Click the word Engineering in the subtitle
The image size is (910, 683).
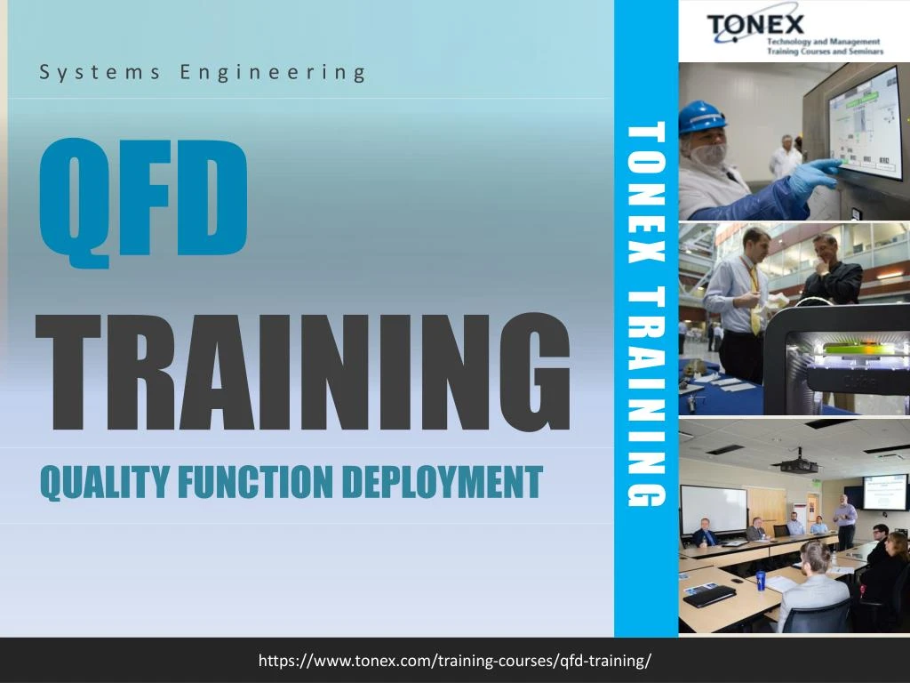[x=272, y=73]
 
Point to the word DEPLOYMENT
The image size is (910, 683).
[x=442, y=482]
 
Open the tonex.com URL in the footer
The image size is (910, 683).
[x=454, y=661]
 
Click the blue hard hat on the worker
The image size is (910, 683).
[x=701, y=116]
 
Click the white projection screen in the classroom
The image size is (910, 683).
[x=714, y=508]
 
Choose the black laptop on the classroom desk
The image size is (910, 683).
[x=709, y=595]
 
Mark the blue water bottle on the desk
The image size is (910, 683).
[x=761, y=582]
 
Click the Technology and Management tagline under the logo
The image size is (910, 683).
[x=823, y=45]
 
